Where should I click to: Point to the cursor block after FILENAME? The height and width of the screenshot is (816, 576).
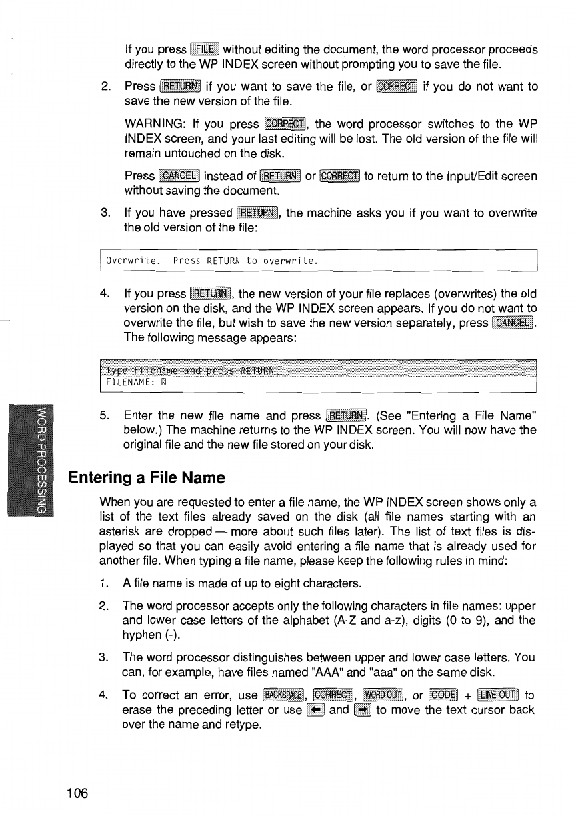point(163,383)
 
